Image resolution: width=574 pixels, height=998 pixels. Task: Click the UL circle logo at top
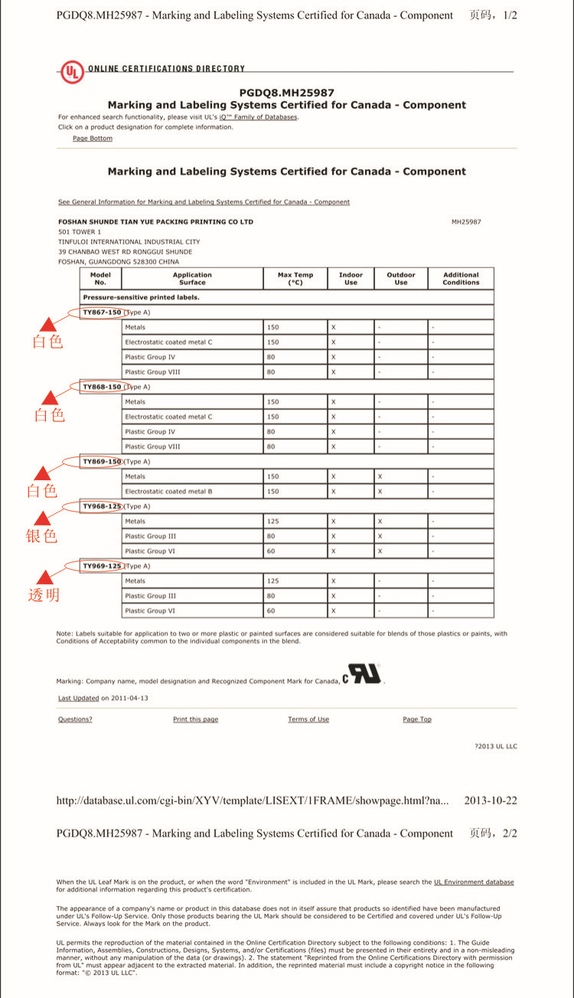pos(73,72)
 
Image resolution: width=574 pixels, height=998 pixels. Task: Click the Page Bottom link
pos(93,139)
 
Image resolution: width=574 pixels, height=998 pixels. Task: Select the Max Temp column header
pos(295,279)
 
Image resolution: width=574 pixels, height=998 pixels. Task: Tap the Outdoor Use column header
pos(400,279)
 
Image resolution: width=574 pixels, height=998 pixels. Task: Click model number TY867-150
pos(102,312)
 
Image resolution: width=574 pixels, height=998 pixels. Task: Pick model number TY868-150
pos(102,387)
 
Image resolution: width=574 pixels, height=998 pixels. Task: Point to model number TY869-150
pos(102,462)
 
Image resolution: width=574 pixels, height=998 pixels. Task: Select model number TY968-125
pos(102,506)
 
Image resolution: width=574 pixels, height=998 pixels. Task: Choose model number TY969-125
pos(102,566)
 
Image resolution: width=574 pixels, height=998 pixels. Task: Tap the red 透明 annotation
pos(44,595)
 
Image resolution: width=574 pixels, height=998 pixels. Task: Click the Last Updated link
pos(78,699)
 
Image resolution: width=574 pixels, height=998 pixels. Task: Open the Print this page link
pos(195,719)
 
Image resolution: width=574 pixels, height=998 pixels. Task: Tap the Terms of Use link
pos(308,719)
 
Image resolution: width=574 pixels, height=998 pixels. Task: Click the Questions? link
pos(75,719)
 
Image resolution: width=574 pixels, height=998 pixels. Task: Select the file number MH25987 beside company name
pos(466,222)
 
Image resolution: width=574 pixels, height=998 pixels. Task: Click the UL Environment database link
pos(474,882)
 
